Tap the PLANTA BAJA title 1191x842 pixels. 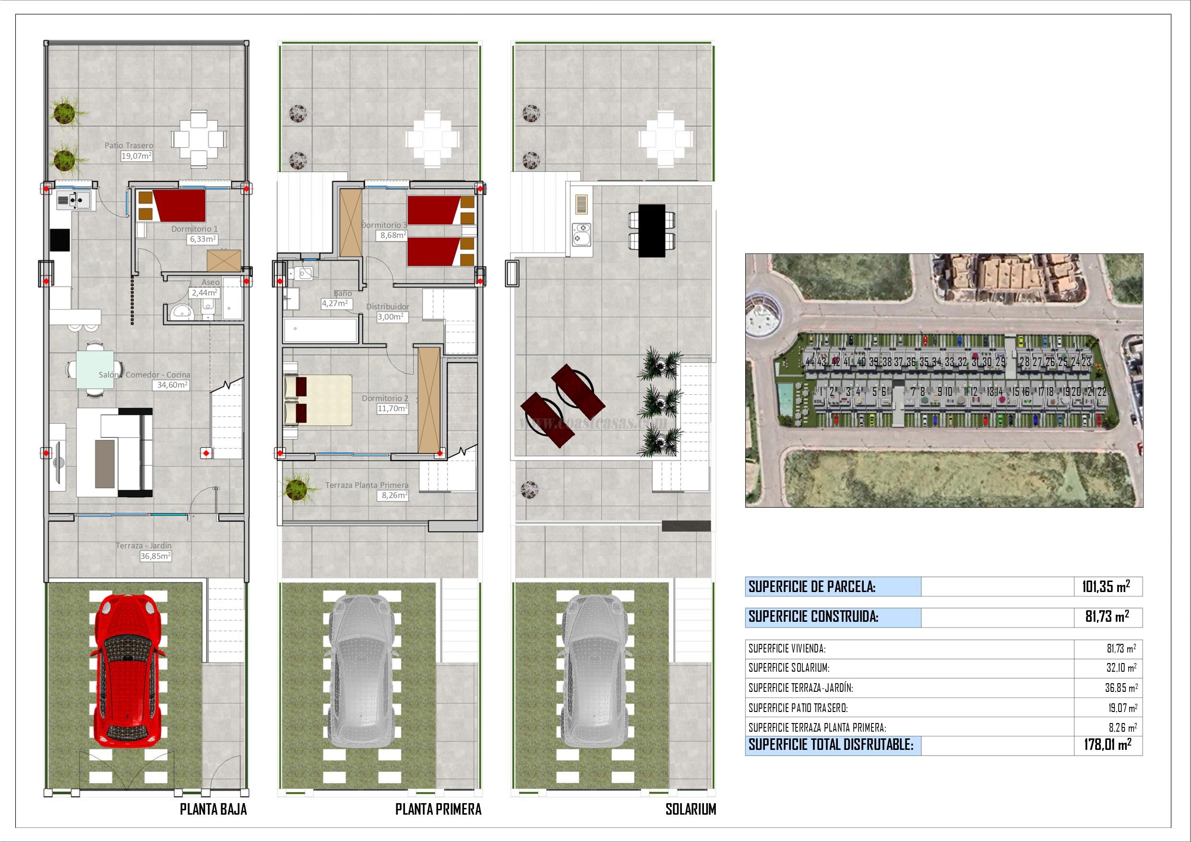pos(213,809)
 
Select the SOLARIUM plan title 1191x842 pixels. pos(691,809)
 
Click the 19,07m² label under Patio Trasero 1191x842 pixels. pos(136,155)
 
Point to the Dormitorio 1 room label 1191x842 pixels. pos(194,229)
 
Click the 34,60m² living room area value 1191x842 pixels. pos(172,385)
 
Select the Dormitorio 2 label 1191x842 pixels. pos(385,398)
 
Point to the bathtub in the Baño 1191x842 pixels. pos(321,331)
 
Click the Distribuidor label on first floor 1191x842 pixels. pos(388,307)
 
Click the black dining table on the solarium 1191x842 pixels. pos(652,230)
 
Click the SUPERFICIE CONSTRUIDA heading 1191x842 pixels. pos(813,617)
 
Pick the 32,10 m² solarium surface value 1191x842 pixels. pos(1121,668)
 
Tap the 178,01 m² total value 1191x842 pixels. pos(1107,745)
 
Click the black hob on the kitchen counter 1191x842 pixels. pos(60,241)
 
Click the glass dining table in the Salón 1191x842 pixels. pos(95,369)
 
